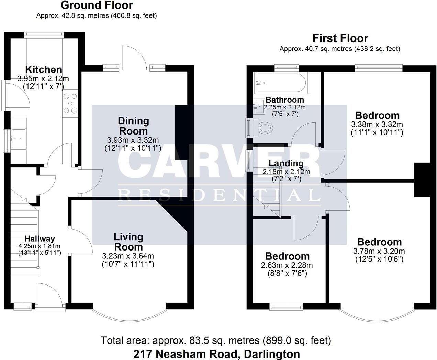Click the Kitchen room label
coord(44,70)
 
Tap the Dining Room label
coord(134,126)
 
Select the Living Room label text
coord(128,242)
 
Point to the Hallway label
coord(40,239)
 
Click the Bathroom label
coord(285,100)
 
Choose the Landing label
coord(286,163)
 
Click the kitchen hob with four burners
coord(70,103)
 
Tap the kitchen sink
coord(19,139)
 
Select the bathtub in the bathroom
coord(281,83)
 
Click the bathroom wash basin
coord(259,106)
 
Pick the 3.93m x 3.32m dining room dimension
coord(133,140)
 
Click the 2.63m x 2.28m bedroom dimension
coord(287,265)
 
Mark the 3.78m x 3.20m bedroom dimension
coord(379,251)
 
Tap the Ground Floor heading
coord(97,5)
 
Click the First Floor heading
coord(340,38)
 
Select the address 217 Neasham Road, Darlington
coord(217,354)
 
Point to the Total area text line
coord(216,340)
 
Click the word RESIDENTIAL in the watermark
coord(219,195)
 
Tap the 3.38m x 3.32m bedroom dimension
coord(377,124)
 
